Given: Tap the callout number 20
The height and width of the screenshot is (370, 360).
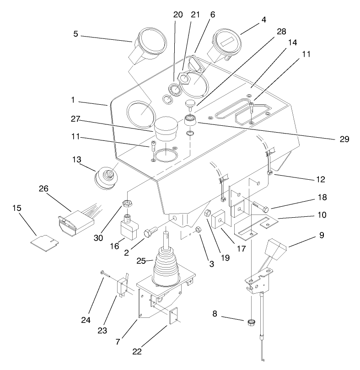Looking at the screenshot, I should coord(178,15).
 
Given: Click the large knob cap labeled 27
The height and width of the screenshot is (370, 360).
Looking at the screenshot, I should coord(166,128).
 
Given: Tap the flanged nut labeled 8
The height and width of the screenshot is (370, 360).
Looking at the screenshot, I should coord(251,323).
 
